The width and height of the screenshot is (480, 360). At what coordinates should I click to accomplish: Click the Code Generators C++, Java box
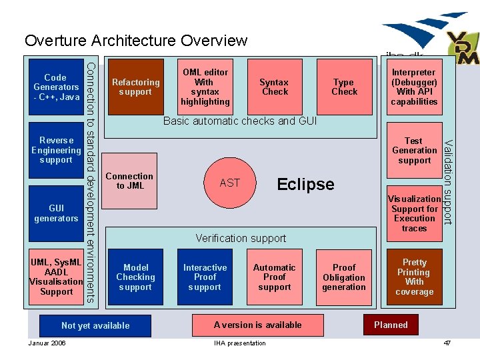[56, 87]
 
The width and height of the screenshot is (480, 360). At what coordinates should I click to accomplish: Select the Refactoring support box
[135, 87]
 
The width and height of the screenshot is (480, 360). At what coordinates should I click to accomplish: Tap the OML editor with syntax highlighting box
[205, 87]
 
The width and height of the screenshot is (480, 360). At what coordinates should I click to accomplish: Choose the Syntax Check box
[274, 87]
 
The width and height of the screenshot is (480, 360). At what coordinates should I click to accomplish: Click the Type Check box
[344, 87]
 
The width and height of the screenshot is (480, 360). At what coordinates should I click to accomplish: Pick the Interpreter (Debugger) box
[414, 87]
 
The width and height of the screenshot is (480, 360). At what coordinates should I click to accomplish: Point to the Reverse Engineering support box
[56, 150]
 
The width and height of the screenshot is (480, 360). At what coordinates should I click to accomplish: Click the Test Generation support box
[414, 150]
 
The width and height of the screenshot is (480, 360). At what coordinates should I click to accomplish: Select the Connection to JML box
[129, 181]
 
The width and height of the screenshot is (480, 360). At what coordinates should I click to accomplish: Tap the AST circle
[229, 183]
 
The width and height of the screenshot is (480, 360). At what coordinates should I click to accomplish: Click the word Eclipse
[305, 185]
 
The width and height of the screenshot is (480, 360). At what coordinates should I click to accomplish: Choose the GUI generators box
[56, 213]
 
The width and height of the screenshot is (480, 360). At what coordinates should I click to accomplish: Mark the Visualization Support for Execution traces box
[414, 213]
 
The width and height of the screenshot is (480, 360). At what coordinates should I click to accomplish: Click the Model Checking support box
[135, 277]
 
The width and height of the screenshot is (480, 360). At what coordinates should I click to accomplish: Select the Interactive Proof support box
[205, 277]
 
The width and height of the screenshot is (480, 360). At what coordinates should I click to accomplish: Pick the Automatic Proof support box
[274, 277]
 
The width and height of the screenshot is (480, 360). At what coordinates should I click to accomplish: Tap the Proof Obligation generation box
[344, 277]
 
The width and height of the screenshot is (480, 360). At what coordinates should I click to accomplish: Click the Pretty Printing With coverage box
[414, 277]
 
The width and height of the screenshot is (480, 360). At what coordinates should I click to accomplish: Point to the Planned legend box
[391, 325]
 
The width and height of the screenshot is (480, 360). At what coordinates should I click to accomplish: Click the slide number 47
[447, 343]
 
